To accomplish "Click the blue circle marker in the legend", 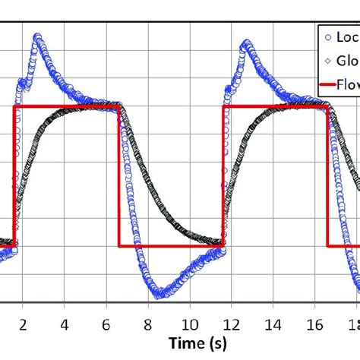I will [327, 36].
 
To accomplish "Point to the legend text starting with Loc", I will [347, 36].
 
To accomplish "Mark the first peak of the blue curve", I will [36, 37].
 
